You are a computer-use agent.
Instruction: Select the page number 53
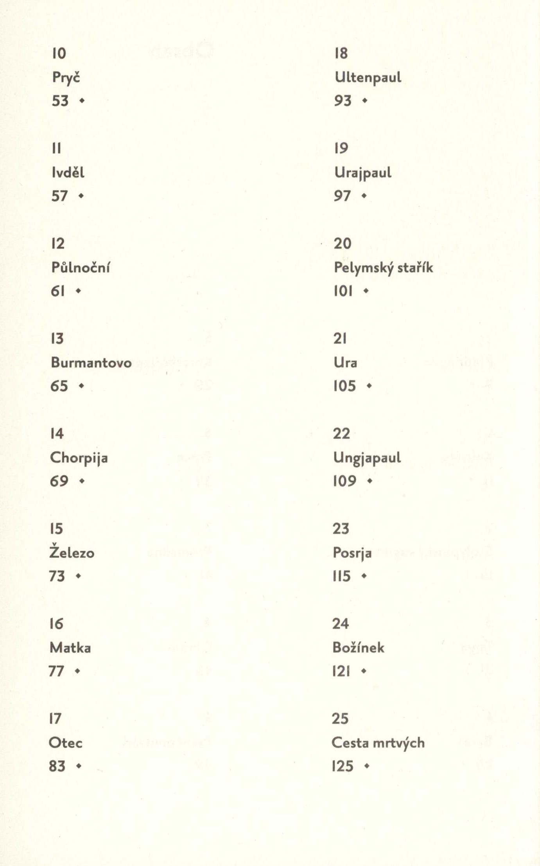(x=60, y=101)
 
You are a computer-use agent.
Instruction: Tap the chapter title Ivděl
(x=68, y=172)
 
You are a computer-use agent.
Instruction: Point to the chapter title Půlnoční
(x=81, y=268)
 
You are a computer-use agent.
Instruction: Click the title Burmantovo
(x=91, y=363)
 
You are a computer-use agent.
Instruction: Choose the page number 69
(x=59, y=481)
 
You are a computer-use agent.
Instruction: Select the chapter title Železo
(x=72, y=553)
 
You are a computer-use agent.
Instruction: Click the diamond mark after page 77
(x=78, y=671)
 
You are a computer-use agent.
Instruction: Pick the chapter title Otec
(x=66, y=743)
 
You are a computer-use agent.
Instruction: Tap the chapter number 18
(x=341, y=53)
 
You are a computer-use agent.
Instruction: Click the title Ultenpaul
(x=368, y=78)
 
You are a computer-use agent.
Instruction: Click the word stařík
(x=415, y=268)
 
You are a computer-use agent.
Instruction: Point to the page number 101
(x=343, y=291)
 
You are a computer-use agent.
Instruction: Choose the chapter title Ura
(x=345, y=363)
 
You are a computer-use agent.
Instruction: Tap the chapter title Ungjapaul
(x=367, y=458)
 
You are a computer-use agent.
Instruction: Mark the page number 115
(x=342, y=576)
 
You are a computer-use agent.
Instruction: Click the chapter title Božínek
(x=358, y=648)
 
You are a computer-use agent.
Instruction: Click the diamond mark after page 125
(x=366, y=766)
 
